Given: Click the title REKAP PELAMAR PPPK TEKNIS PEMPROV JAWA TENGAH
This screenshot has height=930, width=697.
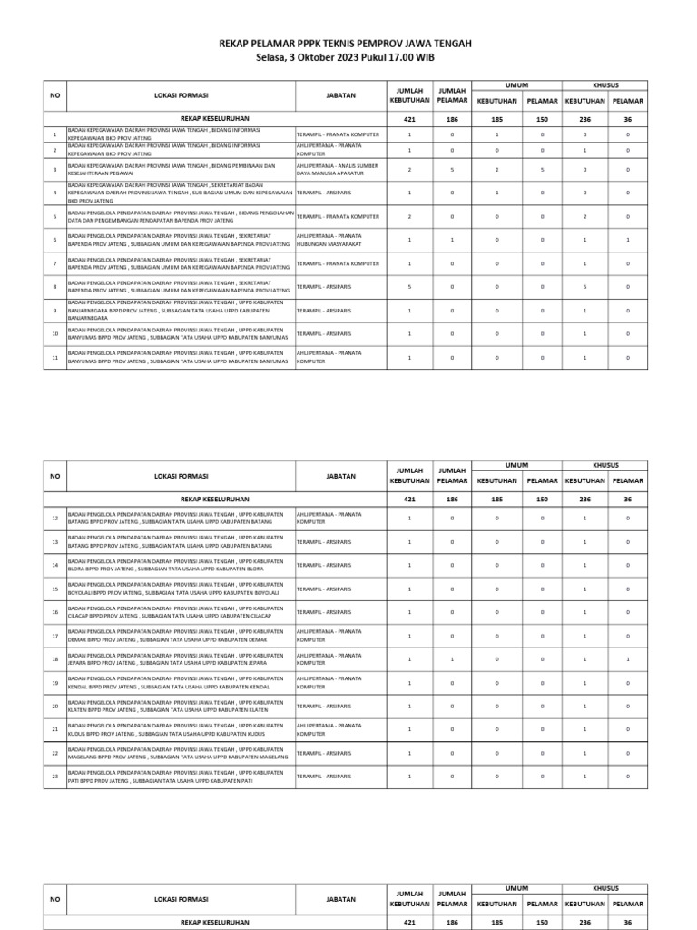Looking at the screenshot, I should (348, 43).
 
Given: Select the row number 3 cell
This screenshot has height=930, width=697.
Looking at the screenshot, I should (54, 169).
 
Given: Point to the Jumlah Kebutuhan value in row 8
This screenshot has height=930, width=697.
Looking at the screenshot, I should (409, 287).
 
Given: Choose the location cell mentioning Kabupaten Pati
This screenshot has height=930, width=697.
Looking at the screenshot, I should (181, 777).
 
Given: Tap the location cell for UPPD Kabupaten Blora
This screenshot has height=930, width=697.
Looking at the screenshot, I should (181, 565).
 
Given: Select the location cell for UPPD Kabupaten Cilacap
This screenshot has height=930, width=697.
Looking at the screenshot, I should (181, 612).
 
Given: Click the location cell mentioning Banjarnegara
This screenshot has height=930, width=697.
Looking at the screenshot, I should (181, 311).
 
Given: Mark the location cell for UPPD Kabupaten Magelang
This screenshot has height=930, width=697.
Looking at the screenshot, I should (181, 753).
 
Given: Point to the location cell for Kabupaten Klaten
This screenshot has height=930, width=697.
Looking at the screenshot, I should (181, 706).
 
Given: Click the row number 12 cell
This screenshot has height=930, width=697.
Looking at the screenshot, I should (54, 518).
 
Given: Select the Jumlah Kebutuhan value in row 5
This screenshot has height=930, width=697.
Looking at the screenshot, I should (409, 216).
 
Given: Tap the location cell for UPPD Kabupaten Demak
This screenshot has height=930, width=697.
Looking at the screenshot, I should (181, 635).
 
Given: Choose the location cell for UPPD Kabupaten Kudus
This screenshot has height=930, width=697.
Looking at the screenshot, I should (181, 729).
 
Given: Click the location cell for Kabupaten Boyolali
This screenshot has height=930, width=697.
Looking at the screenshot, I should (181, 589).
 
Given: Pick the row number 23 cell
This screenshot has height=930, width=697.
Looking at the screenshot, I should (54, 777).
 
